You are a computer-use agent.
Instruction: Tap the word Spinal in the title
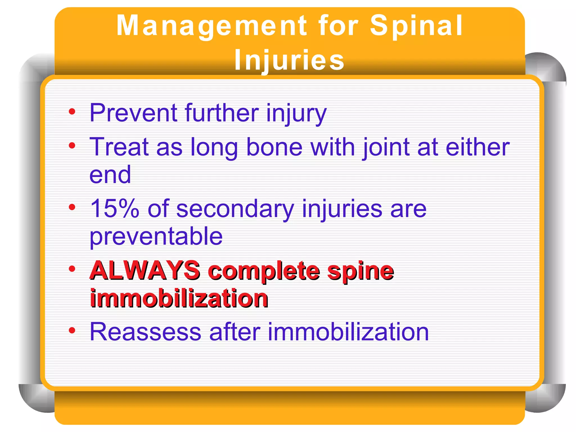(416, 26)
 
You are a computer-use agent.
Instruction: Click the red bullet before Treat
(72, 146)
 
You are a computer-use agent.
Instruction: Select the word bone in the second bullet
(274, 147)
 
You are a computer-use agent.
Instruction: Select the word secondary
(235, 209)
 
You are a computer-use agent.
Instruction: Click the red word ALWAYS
(145, 271)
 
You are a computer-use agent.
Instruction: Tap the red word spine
(361, 271)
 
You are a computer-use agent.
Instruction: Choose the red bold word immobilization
(179, 298)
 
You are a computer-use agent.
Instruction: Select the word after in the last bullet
(235, 332)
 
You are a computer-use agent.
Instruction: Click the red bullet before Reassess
(72, 330)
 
